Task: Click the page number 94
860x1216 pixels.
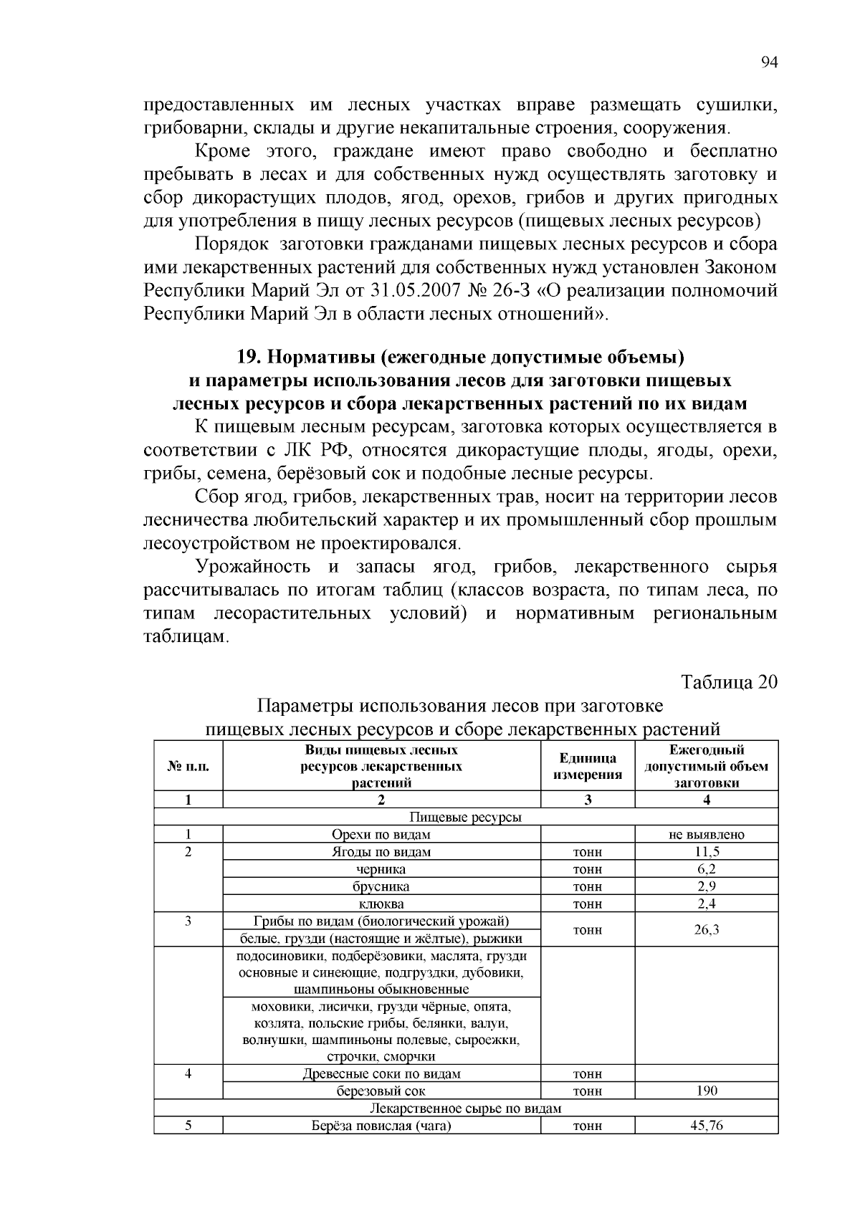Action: point(768,62)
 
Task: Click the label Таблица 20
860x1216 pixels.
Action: point(729,681)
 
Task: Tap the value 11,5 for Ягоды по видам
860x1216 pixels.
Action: point(707,852)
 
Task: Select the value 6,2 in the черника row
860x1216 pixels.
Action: point(707,869)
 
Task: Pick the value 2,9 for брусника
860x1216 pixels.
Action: point(707,886)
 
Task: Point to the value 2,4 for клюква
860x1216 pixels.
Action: point(707,904)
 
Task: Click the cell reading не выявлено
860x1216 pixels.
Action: point(707,835)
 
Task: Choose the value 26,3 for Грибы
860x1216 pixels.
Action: point(707,929)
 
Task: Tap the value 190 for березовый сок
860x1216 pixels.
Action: point(707,1091)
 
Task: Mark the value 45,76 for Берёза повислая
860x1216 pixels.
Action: point(707,1126)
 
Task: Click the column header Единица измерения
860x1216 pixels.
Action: point(588,766)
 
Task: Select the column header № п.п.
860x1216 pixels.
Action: point(188,766)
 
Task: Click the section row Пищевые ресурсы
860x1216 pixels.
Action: point(466,818)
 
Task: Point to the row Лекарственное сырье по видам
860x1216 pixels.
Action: point(466,1109)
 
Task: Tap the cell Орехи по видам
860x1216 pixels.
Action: point(381,835)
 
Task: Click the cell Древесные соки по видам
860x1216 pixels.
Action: point(381,1074)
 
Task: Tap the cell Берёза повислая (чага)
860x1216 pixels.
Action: point(381,1126)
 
